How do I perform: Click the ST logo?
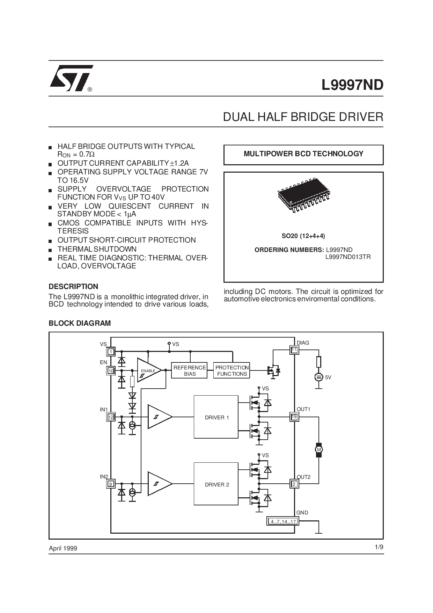[x=72, y=78]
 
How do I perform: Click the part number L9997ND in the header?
[x=352, y=85]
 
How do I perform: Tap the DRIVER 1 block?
[x=216, y=417]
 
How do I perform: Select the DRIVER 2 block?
[x=216, y=484]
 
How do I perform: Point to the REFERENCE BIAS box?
[x=190, y=370]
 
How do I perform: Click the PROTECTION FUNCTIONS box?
[x=232, y=370]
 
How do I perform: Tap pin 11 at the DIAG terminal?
[x=294, y=350]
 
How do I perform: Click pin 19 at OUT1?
[x=294, y=417]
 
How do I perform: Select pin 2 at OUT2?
[x=294, y=484]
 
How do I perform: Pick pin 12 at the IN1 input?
[x=111, y=417]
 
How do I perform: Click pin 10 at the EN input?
[x=111, y=371]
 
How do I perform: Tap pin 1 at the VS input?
[x=111, y=352]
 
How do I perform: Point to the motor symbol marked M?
[x=318, y=449]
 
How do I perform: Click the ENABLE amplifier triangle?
[x=148, y=370]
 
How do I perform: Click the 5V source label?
[x=328, y=377]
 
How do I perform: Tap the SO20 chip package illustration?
[x=303, y=196]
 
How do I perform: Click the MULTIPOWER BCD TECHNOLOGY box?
[x=303, y=154]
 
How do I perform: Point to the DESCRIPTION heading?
[x=73, y=287]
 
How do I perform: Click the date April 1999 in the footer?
[x=63, y=548]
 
